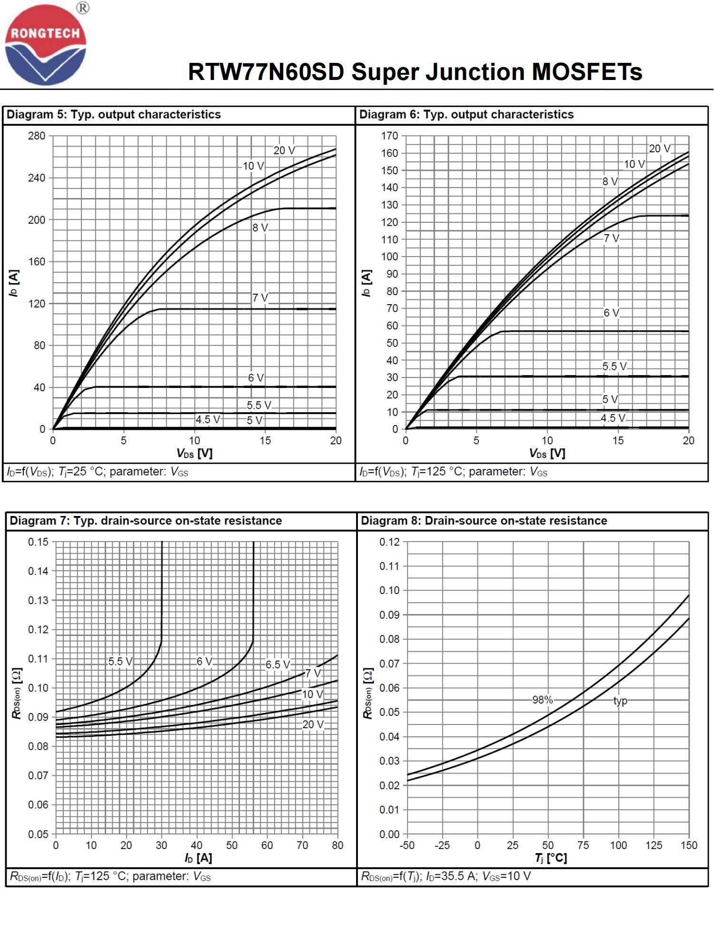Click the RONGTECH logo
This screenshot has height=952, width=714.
45,45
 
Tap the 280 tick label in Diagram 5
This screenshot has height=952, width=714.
37,136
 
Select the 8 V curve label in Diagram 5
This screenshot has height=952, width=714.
260,228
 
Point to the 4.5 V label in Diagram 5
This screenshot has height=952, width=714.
208,420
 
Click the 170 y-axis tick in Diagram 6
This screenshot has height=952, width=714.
389,136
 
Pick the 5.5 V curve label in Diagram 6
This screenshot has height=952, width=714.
614,367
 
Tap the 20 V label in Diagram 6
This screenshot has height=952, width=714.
659,149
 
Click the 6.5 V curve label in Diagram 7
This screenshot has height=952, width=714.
278,664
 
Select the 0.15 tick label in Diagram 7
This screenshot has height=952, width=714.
38,542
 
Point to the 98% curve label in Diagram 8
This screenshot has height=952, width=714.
542,700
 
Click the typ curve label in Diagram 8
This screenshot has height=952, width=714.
620,701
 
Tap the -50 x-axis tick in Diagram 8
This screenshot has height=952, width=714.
407,845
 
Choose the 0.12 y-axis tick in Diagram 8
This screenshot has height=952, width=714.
389,542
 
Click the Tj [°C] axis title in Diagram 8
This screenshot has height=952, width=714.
551,858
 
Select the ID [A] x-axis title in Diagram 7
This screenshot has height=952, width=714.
198,858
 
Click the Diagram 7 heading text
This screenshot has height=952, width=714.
146,521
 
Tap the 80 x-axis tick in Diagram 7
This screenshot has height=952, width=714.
337,845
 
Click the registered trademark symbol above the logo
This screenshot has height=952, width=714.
83,8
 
